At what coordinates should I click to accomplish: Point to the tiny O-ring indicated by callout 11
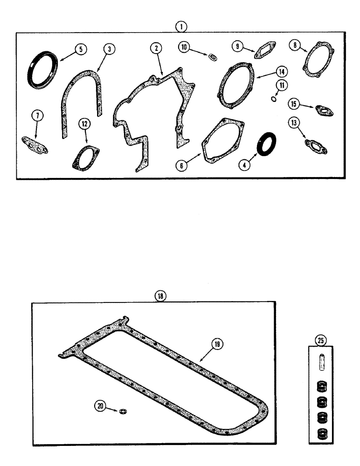coord(275,98)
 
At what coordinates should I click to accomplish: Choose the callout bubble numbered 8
coord(294,45)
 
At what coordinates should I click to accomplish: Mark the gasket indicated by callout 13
coord(316,146)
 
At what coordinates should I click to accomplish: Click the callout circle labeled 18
coord(161,296)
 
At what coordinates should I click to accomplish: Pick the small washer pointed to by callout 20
coord(123,411)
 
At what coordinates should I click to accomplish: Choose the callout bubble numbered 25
coord(320,341)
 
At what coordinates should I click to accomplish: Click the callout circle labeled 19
coord(217,344)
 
